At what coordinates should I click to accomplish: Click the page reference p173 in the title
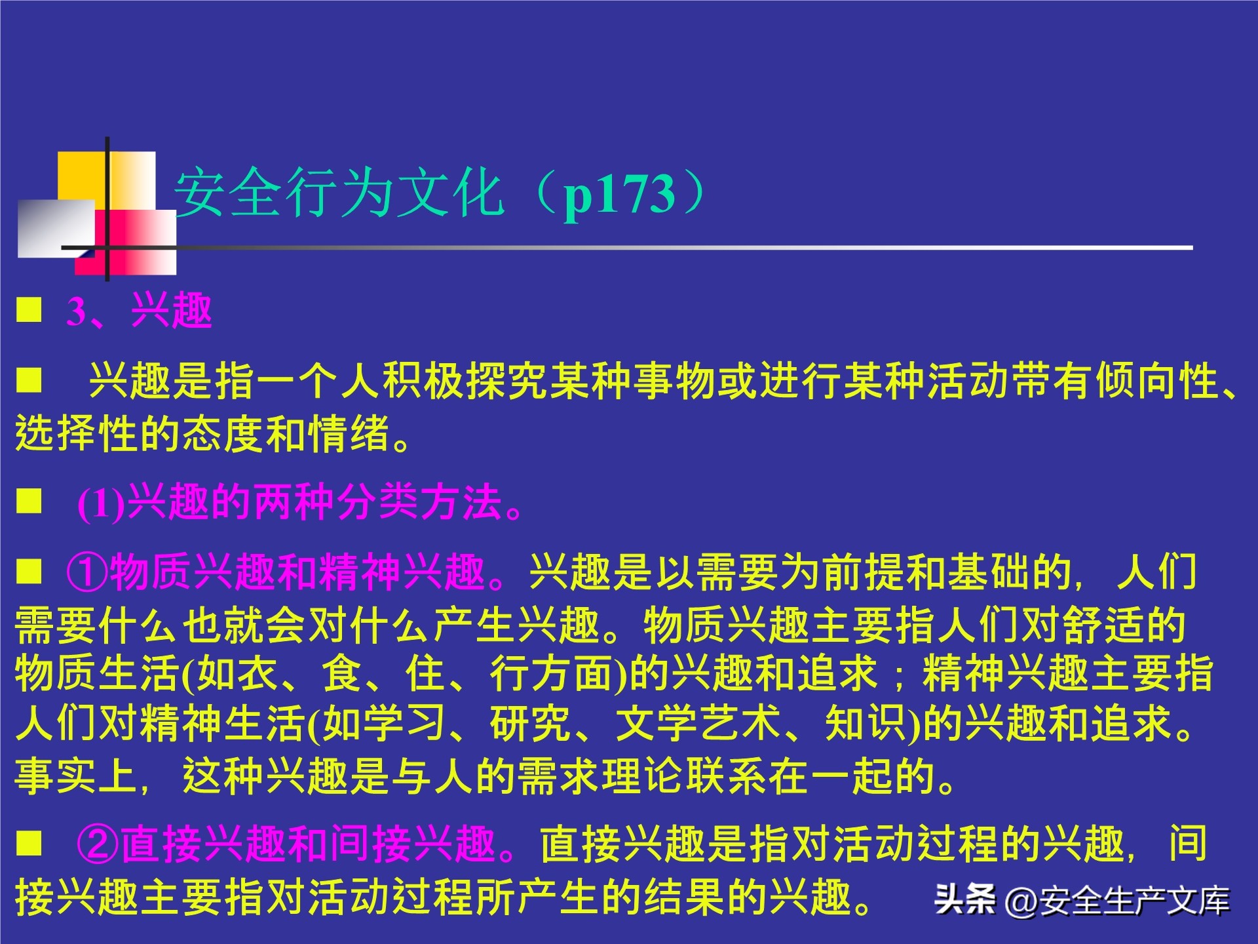tap(619, 194)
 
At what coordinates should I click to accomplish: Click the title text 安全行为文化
tap(339, 193)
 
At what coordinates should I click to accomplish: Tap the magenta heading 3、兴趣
tap(139, 311)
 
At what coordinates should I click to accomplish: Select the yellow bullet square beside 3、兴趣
tap(29, 310)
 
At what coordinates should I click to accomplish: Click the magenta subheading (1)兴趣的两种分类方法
tap(299, 503)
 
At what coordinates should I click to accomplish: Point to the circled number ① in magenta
tap(87, 572)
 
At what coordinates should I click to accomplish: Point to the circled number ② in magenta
tap(98, 844)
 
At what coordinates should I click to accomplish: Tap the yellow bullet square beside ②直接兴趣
tap(29, 844)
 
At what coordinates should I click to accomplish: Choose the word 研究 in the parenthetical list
tap(531, 724)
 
